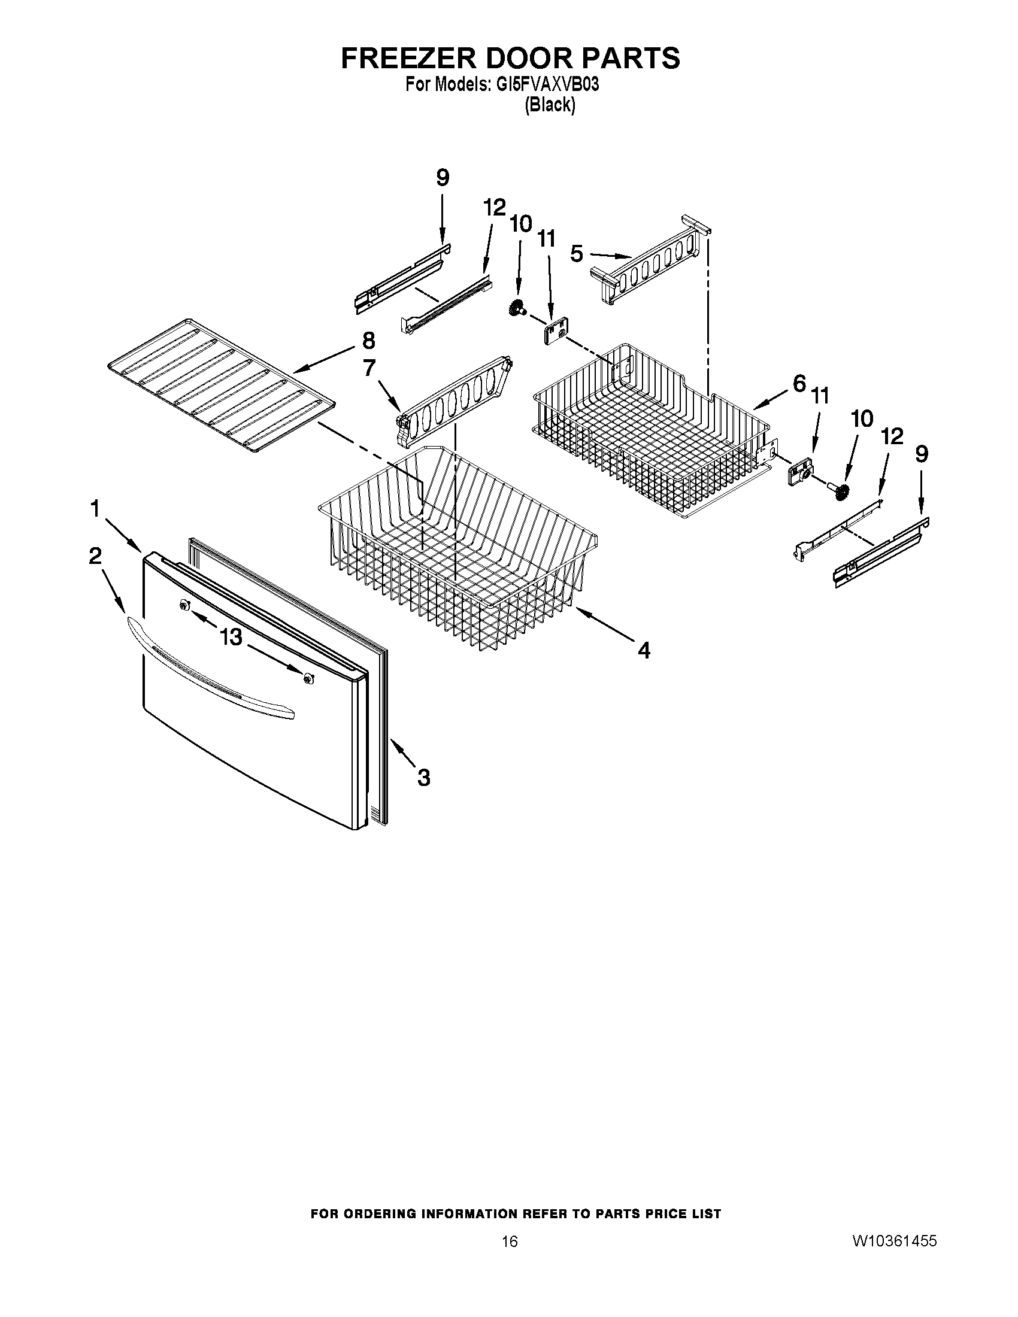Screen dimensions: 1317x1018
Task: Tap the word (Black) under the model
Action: pyautogui.click(x=549, y=105)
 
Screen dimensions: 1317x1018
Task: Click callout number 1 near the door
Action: pyautogui.click(x=95, y=509)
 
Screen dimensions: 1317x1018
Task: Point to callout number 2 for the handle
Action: pyautogui.click(x=95, y=556)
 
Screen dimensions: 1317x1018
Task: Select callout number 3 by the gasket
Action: pyautogui.click(x=424, y=778)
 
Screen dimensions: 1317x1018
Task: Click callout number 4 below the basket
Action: pyautogui.click(x=644, y=650)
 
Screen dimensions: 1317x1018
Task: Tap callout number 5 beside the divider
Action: pyautogui.click(x=577, y=254)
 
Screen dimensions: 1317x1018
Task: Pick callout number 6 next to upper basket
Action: pyautogui.click(x=799, y=383)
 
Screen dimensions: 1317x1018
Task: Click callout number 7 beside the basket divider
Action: pyautogui.click(x=369, y=367)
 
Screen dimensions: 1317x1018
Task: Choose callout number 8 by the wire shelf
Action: pyautogui.click(x=368, y=341)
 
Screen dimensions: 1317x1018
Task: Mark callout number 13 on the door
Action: pyautogui.click(x=231, y=636)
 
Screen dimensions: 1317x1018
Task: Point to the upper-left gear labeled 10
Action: pyautogui.click(x=516, y=309)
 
